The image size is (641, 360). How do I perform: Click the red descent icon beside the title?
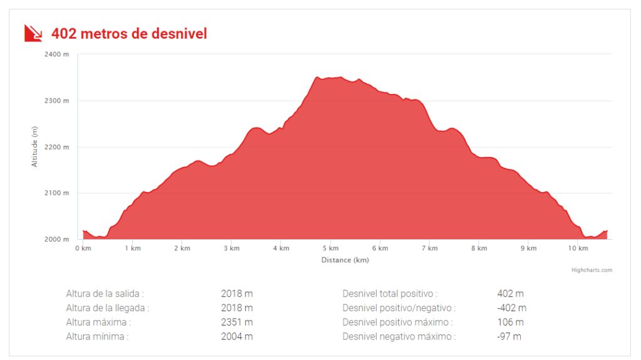click(x=33, y=33)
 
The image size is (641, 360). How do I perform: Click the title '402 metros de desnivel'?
click(x=129, y=33)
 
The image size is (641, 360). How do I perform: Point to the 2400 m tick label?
click(x=57, y=54)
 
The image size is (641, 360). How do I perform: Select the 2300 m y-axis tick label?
click(x=57, y=101)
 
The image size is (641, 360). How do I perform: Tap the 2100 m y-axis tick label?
click(x=57, y=193)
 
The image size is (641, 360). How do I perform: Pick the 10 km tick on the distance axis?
click(x=578, y=249)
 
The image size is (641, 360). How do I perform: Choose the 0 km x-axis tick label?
click(x=83, y=249)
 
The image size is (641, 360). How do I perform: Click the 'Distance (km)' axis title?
click(x=345, y=260)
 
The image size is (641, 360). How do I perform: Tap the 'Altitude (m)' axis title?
click(x=35, y=147)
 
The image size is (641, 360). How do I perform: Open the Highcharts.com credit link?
click(x=592, y=270)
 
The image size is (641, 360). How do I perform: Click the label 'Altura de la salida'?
click(x=105, y=293)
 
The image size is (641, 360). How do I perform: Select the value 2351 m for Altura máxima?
click(x=237, y=322)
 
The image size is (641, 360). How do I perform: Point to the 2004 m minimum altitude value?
click(x=237, y=337)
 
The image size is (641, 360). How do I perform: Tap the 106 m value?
click(x=510, y=322)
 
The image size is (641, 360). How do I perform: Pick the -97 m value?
click(x=509, y=337)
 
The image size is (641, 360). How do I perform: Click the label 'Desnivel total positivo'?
click(x=389, y=293)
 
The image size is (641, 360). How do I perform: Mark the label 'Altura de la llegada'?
click(x=108, y=308)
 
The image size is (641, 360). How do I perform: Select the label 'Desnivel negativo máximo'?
click(x=399, y=337)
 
